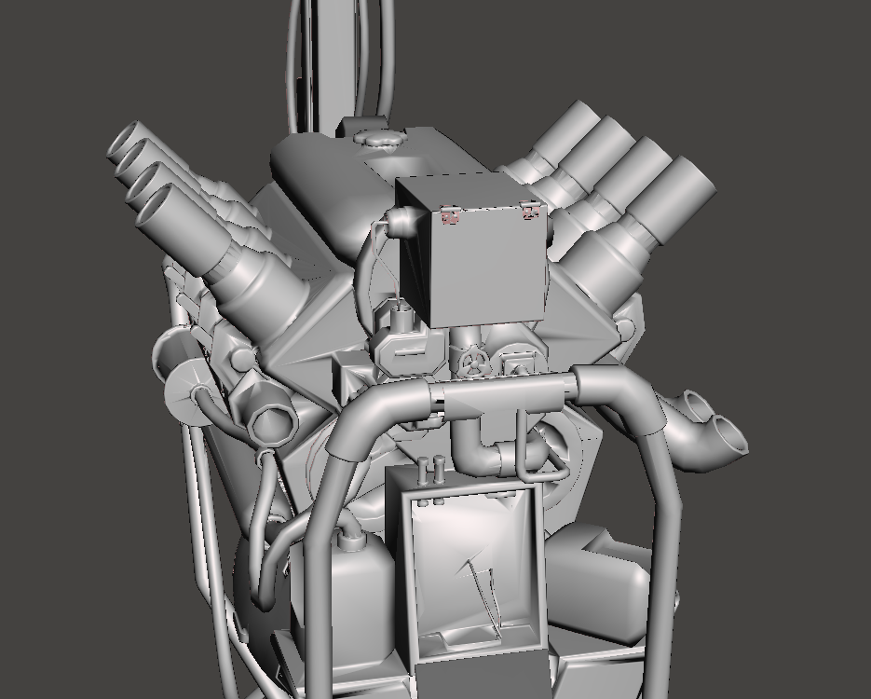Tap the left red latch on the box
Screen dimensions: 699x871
pos(451,216)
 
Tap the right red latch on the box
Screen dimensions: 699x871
pos(532,212)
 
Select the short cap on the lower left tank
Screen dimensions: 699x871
pos(350,538)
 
